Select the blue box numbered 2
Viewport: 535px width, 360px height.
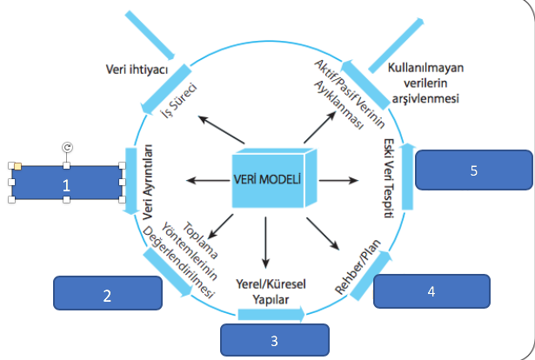[107, 294]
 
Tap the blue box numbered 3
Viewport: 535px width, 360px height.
[275, 340]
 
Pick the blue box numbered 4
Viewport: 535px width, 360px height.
[431, 291]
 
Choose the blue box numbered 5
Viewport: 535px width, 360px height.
[473, 170]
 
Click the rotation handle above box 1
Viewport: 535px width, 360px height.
[67, 148]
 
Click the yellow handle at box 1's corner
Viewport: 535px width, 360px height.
[16, 165]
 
